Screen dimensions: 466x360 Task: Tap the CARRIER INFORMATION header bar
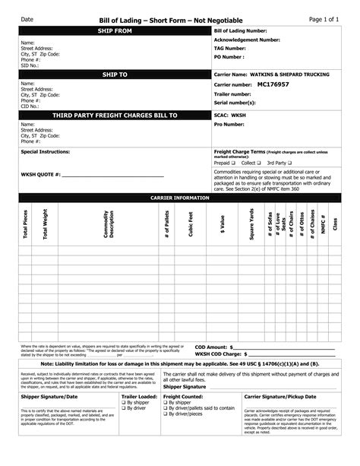point(180,196)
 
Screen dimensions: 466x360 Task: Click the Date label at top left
point(27,17)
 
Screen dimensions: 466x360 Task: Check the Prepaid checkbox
point(234,163)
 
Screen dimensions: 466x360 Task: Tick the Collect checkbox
point(260,163)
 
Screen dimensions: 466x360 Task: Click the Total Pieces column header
point(27,226)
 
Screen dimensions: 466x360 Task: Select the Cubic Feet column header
point(191,226)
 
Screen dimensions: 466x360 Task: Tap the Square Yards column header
point(251,226)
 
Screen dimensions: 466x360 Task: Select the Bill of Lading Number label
point(241,30)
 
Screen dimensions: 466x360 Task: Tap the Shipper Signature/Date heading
point(49,397)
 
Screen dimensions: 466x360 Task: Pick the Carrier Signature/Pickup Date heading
point(291,397)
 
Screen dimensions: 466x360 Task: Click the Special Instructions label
point(49,151)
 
